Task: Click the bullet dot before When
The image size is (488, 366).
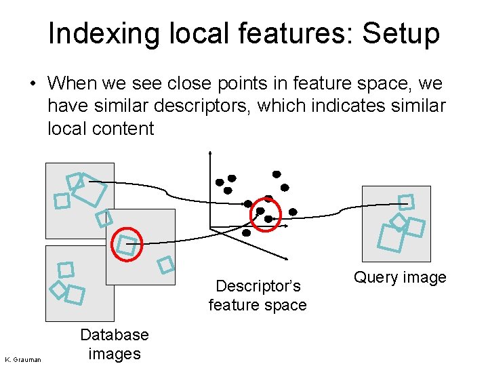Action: pos(32,85)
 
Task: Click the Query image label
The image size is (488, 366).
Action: pos(400,277)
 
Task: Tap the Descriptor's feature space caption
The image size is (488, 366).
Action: pos(258,296)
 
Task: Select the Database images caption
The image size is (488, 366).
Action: pos(114,344)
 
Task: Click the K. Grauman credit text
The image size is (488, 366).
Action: pos(23,359)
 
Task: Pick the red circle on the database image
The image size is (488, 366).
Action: pos(127,245)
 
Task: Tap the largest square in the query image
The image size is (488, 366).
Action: pos(390,238)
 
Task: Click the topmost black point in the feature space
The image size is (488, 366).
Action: pos(277,174)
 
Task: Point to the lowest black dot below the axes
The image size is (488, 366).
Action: pos(246,232)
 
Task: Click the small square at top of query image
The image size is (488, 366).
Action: pos(406,202)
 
